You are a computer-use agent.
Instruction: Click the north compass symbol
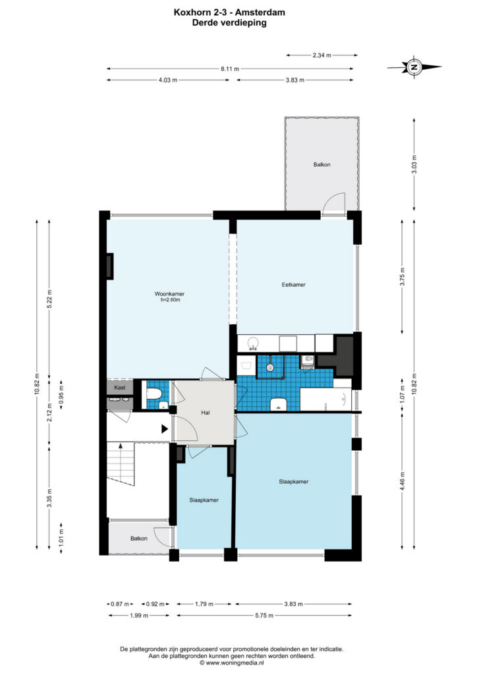414,67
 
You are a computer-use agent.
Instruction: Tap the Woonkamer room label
169,294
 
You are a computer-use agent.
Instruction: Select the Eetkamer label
294,285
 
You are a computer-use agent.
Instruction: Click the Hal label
205,413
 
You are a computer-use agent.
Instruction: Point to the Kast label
120,388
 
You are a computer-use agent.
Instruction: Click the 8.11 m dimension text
230,69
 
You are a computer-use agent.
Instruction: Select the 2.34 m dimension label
322,55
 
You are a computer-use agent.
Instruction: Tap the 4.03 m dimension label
168,80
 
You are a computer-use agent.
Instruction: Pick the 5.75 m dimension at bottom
264,615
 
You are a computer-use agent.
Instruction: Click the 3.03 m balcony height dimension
414,164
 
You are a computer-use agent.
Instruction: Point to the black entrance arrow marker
164,428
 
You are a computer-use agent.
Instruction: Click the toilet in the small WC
154,394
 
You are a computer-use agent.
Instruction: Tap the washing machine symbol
246,366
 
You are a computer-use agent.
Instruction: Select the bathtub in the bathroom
325,399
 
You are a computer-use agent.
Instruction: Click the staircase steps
121,464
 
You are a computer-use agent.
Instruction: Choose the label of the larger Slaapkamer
294,482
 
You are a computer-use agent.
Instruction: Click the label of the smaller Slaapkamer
204,500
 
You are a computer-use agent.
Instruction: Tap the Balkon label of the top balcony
322,164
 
